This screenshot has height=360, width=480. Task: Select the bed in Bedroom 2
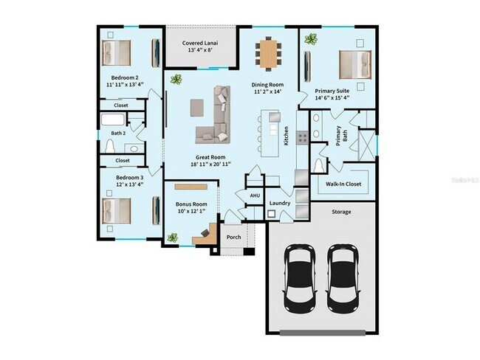(x=117, y=52)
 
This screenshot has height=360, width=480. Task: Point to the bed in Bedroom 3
(x=116, y=210)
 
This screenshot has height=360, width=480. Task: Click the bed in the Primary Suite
(x=354, y=63)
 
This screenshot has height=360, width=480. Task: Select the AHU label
(x=255, y=195)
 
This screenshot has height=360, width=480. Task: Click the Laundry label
(x=279, y=203)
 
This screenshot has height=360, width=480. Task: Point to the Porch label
(x=234, y=237)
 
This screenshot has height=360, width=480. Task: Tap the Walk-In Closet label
(x=343, y=184)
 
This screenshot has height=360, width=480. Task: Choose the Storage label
(x=341, y=212)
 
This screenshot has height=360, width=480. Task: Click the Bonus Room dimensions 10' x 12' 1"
(x=191, y=212)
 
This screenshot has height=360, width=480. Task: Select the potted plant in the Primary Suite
(x=312, y=39)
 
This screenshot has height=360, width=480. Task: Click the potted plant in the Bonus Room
(x=173, y=238)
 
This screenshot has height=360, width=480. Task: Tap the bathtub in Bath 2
(x=114, y=121)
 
